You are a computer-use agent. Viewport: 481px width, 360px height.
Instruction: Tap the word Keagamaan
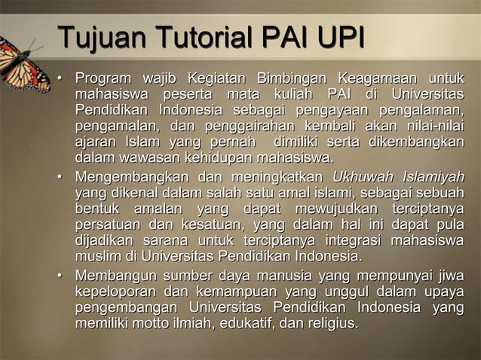click(x=376, y=79)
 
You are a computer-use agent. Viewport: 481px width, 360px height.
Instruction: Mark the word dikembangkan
click(x=418, y=142)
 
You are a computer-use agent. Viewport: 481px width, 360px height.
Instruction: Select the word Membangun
click(x=112, y=276)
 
